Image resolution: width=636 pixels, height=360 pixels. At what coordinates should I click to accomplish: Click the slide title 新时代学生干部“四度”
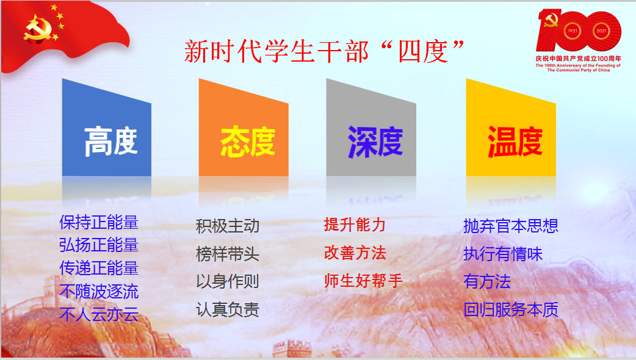point(324,51)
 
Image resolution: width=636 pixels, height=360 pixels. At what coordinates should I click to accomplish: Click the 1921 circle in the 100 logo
point(573,31)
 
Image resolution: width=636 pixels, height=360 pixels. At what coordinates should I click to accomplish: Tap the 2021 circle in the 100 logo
point(601,31)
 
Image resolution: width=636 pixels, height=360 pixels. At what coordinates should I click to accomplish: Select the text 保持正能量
point(99,222)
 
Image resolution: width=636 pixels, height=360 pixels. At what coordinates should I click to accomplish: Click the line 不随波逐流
point(99,291)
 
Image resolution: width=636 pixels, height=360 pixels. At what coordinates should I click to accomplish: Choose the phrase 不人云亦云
point(99,314)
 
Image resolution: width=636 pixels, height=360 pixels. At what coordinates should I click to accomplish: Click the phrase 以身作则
point(228,281)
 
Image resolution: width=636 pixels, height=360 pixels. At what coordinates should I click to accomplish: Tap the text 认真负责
point(228,309)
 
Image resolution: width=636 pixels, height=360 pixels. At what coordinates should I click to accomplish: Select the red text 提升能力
point(355,225)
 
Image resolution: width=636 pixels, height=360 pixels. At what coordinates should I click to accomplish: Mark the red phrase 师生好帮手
point(363,281)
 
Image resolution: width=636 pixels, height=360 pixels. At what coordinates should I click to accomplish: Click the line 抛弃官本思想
point(511,226)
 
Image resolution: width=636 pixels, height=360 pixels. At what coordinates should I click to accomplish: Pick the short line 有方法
point(486,281)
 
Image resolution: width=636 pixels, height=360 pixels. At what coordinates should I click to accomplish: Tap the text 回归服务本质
point(511,309)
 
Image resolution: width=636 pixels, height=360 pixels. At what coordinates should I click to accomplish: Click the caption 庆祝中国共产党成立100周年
point(579,59)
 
